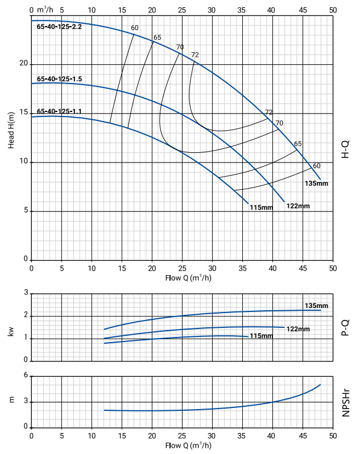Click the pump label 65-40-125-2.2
coord(60,27)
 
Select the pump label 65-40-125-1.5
coord(60,79)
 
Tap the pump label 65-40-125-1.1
coord(60,111)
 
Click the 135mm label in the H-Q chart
coord(317,184)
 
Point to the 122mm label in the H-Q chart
coord(298,205)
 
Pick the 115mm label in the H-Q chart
coord(262,207)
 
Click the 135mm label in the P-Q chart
coord(316,306)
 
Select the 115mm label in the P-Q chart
coord(261,336)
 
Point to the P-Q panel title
coord(345,327)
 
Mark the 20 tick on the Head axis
coord(23,64)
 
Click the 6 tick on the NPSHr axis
coord(26,376)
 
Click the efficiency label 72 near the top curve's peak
coord(195,55)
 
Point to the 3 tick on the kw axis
coord(26,293)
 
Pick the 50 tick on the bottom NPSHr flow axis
coord(333,435)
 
